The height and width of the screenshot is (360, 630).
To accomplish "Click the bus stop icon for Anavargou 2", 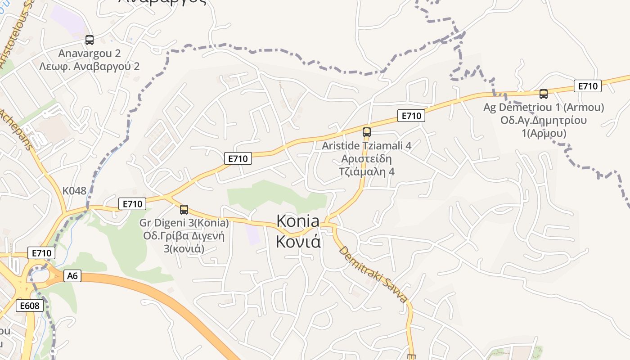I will (90, 40).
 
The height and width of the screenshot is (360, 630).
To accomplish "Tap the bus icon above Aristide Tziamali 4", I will (367, 132).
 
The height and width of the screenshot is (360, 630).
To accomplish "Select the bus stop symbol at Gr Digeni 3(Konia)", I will (184, 210).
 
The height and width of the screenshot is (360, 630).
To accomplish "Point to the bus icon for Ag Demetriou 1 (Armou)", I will (544, 94).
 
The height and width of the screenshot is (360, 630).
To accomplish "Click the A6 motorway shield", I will (72, 276).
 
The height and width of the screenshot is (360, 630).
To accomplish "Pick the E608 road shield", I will (30, 306).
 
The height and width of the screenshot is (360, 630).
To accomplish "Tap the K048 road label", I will (74, 191).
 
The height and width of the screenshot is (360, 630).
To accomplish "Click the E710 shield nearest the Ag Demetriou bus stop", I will (588, 86).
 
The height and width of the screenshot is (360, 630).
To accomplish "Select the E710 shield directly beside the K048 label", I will (132, 204).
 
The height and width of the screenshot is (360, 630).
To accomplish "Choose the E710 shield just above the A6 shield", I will (42, 253).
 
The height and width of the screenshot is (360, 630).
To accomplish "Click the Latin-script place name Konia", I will (298, 221).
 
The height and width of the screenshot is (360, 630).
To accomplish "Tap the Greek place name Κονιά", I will (298, 242).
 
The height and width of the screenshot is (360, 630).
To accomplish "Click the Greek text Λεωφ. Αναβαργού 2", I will (89, 67).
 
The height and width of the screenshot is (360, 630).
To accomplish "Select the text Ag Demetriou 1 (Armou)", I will (544, 108).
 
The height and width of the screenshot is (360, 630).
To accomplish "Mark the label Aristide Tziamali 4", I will (367, 146).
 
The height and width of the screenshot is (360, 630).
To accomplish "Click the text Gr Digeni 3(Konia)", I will (184, 223).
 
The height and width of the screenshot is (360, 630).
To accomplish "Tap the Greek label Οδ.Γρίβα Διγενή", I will (184, 236).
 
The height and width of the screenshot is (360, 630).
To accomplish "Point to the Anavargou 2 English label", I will (90, 54).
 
